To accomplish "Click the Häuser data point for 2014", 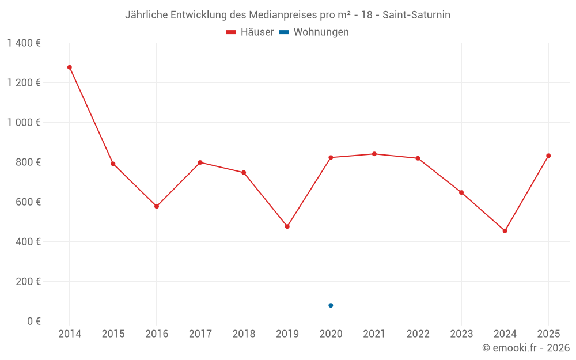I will (x=70, y=67).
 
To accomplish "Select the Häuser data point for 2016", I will (x=157, y=206).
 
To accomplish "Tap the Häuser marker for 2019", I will (x=287, y=226).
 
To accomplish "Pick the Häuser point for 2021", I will (x=374, y=154).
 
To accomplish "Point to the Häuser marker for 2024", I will (x=505, y=231).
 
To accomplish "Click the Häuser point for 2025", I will (x=548, y=156).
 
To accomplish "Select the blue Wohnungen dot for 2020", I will (x=331, y=305).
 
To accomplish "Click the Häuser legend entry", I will (x=250, y=32).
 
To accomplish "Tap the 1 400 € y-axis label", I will (x=24, y=43).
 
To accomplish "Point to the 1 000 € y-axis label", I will (x=24, y=123).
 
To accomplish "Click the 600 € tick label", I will (x=28, y=202).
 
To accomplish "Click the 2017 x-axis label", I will (x=200, y=334).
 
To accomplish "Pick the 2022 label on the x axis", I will (x=418, y=334).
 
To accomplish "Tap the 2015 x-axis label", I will (x=113, y=334).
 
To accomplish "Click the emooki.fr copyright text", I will (x=526, y=348).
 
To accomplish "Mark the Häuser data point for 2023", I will (x=461, y=192).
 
